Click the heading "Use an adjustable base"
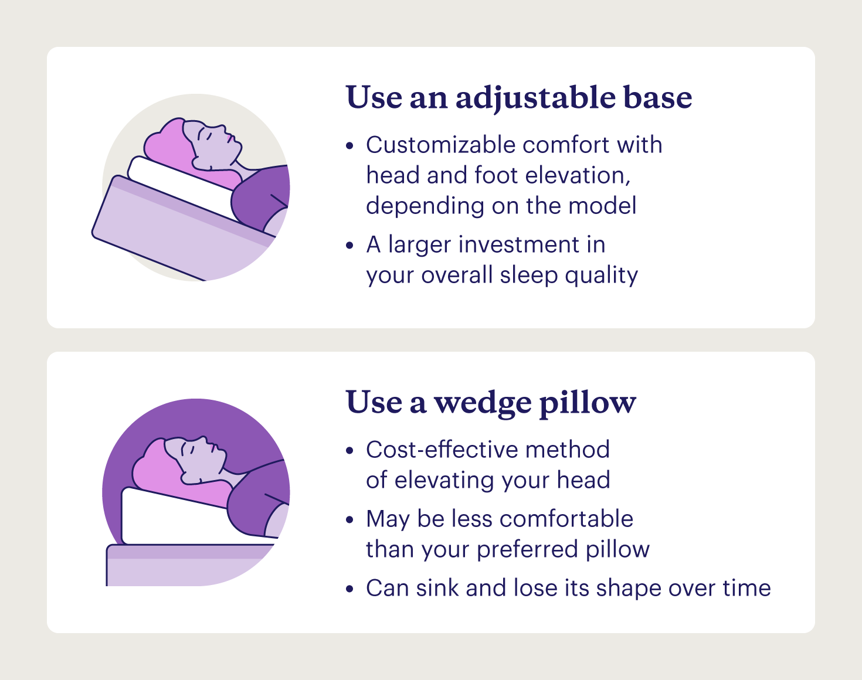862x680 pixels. click(519, 97)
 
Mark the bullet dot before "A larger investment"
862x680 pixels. click(350, 245)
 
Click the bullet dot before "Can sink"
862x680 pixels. click(350, 589)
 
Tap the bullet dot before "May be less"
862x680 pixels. click(350, 519)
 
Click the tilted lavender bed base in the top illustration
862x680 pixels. click(170, 234)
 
